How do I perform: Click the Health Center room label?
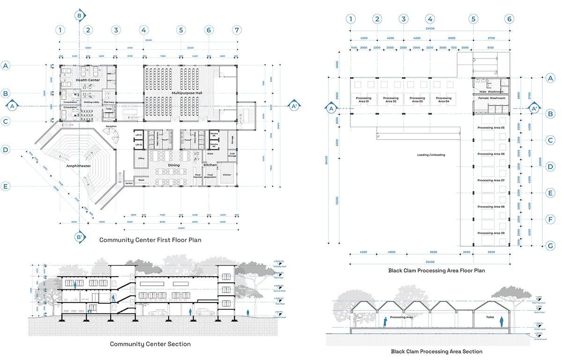88,80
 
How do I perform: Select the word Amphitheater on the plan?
79,165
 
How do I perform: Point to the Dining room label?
174,165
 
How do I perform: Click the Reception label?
111,126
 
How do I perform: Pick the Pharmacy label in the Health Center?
109,102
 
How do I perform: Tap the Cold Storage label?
232,155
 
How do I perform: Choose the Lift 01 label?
139,135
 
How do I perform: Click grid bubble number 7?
237,30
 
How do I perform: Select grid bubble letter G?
551,245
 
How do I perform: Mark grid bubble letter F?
551,219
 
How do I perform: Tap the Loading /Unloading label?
431,154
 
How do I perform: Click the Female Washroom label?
491,98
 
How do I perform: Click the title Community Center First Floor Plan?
150,240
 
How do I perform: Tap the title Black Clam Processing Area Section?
436,351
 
